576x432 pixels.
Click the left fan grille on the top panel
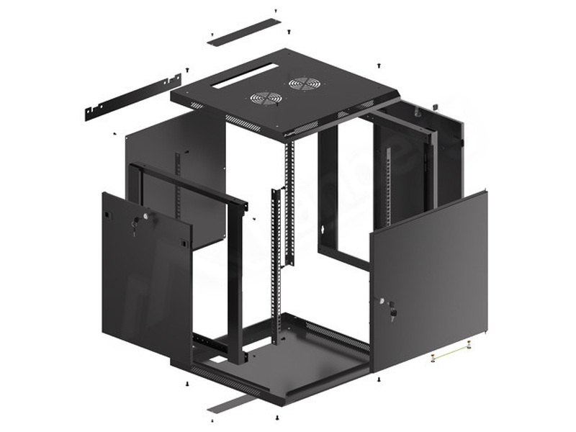click(x=266, y=99)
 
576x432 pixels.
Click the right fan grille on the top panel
click(x=305, y=84)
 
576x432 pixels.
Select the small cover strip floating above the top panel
click(x=244, y=32)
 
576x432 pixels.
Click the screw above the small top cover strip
click(x=275, y=11)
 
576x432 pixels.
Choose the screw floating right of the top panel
click(x=379, y=66)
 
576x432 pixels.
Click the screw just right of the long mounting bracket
click(x=188, y=70)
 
